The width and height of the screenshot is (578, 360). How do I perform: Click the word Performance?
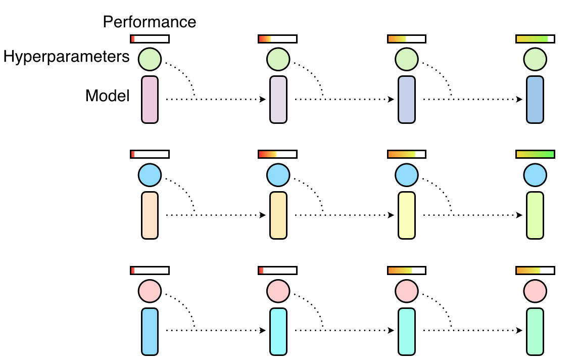pos(149,22)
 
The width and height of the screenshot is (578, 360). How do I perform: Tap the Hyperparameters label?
pos(67,57)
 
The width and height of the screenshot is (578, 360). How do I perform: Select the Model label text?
pos(108,95)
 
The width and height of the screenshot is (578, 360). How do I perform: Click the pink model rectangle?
pos(150,100)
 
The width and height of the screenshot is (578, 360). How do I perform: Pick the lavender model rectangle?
pos(278,100)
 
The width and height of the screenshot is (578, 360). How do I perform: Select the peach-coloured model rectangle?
pos(150,215)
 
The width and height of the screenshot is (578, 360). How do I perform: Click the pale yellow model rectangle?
pos(407,215)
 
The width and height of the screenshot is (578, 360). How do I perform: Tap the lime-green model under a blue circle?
pos(535,215)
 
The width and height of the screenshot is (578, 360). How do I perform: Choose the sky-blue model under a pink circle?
pos(150,331)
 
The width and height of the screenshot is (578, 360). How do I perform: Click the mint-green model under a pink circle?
pos(535,331)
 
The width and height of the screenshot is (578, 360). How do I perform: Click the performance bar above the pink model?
pos(150,39)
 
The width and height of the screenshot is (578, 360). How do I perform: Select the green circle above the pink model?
pos(150,59)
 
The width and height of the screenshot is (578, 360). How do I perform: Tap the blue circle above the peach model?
pos(150,175)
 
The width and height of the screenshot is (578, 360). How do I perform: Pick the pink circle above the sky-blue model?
pos(150,291)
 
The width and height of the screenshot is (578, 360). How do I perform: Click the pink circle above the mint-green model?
pos(535,291)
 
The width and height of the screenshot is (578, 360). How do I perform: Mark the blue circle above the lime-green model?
pos(535,175)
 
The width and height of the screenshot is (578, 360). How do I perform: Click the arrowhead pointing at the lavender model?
pos(263,100)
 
